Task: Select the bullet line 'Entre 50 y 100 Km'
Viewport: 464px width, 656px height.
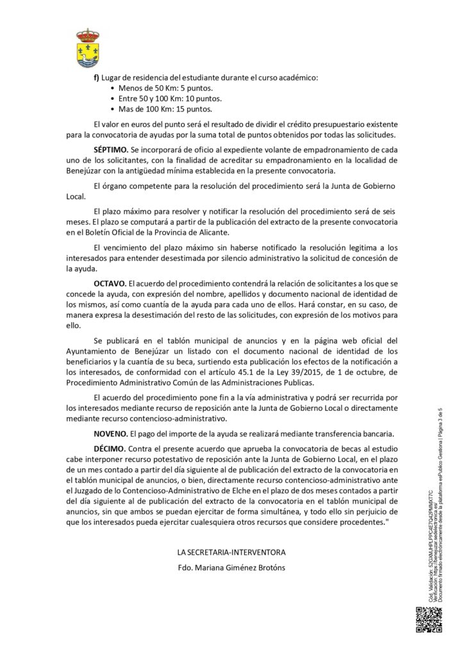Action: (170, 99)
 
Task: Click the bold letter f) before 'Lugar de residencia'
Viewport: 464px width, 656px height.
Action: (96, 78)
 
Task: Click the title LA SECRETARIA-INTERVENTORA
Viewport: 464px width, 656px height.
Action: (231, 552)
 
